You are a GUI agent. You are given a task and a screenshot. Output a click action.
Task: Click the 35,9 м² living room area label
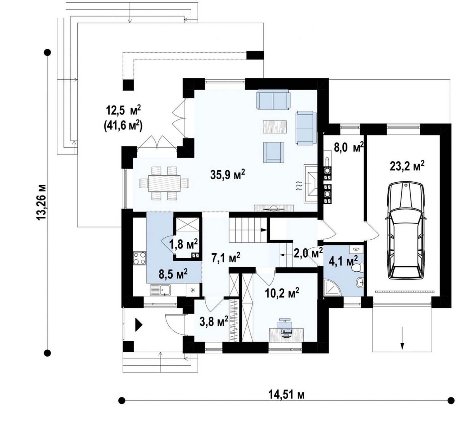[x=228, y=174]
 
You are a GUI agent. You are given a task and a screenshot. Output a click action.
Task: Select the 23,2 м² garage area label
[x=407, y=166]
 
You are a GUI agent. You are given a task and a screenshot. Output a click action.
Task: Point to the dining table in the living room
[x=164, y=183]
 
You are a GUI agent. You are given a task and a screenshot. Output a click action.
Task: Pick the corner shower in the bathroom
[x=332, y=287]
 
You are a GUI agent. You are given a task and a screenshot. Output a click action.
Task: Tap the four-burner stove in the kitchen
[x=140, y=258]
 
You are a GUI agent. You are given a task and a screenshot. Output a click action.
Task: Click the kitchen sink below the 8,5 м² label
[x=160, y=290]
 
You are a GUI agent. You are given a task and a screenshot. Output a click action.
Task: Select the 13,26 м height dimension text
[x=42, y=202]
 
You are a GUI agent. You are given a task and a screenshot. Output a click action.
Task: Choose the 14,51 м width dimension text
[x=286, y=394]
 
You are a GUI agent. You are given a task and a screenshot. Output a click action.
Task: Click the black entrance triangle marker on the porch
[x=139, y=325]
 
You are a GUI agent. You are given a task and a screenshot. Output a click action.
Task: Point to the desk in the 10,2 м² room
[x=286, y=335]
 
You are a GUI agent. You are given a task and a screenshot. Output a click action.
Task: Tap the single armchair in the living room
[x=274, y=152]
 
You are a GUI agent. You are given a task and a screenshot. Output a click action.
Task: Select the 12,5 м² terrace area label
[x=123, y=110]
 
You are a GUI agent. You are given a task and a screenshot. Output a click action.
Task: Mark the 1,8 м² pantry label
[x=184, y=244]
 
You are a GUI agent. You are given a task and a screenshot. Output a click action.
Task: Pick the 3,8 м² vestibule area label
[x=214, y=322]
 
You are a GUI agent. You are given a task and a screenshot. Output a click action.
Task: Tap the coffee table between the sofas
[x=275, y=127]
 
